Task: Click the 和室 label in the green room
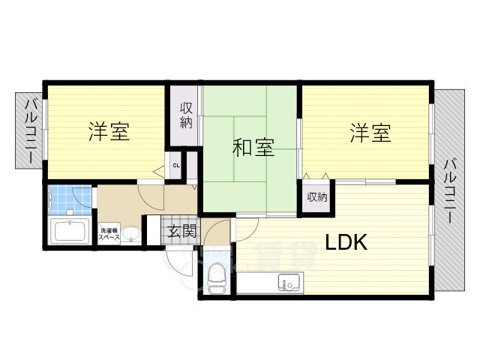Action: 252,148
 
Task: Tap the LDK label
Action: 345,242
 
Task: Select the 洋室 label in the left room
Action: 109,133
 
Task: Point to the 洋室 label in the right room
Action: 370,134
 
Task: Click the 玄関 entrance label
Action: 181,230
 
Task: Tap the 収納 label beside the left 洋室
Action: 185,117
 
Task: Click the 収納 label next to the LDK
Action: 316,197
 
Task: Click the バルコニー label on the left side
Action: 30,133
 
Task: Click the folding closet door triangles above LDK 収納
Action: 316,178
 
